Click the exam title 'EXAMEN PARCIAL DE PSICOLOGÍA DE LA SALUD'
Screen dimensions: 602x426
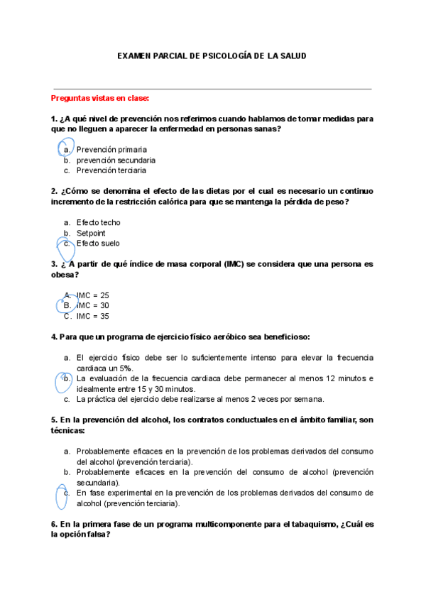(x=212, y=55)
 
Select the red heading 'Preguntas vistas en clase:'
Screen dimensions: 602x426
(x=100, y=98)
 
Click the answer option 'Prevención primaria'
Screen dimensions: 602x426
(x=111, y=150)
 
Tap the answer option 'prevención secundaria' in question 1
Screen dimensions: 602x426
(x=116, y=160)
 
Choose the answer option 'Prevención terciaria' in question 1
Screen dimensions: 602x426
(x=111, y=170)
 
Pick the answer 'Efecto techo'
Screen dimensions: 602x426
(x=98, y=222)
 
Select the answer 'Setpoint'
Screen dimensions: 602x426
(x=91, y=233)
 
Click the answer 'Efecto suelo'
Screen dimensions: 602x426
(x=98, y=243)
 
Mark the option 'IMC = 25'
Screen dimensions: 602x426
(x=92, y=295)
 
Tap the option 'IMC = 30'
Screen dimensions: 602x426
(x=92, y=305)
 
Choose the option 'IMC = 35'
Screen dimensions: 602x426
(x=92, y=316)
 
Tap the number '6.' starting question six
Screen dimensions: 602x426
(x=55, y=524)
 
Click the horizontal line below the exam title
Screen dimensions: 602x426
(x=212, y=89)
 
